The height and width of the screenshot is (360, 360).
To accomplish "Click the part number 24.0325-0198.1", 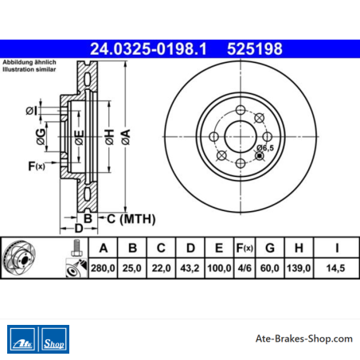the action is coord(148,49).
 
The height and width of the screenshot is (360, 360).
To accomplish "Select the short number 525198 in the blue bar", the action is coord(255,49).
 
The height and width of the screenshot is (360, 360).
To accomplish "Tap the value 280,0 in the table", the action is coord(103,268).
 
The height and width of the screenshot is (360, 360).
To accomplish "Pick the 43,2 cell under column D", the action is coord(190,268).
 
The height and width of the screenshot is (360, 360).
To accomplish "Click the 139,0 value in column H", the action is coord(299,268).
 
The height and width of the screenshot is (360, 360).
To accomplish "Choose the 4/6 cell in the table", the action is coord(245,268).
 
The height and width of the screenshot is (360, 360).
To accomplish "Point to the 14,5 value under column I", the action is coord(335,268).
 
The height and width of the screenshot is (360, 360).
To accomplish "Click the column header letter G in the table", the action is coord(270,248).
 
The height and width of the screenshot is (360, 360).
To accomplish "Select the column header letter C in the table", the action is coord(161,248).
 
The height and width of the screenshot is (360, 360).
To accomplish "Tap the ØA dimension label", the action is coord(126,137).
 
